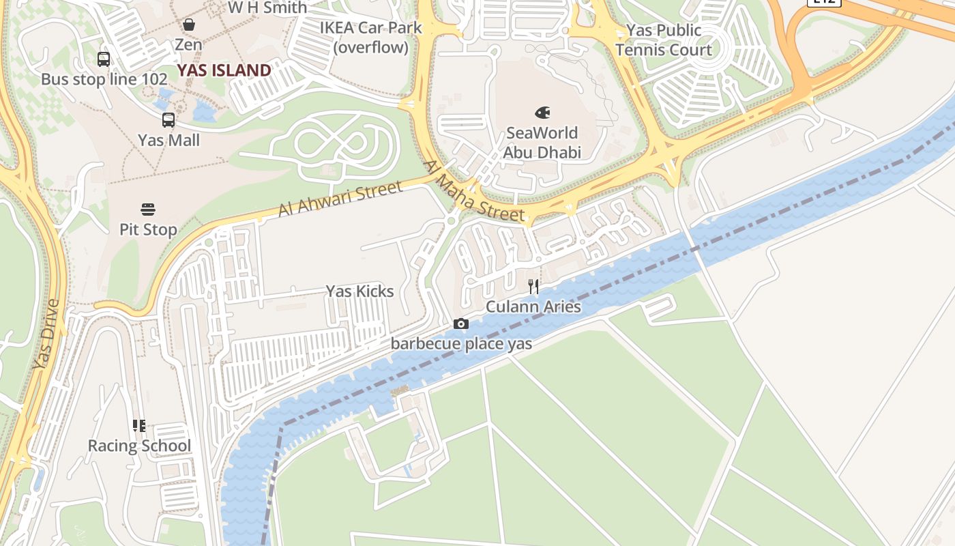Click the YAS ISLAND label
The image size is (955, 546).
(x=224, y=70)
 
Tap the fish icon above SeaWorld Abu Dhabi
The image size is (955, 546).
(x=543, y=113)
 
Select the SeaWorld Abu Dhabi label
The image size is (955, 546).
(x=542, y=143)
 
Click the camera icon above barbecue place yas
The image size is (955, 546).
(x=461, y=324)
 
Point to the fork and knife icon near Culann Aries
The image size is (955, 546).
(x=533, y=287)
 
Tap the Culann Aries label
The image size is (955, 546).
(x=533, y=306)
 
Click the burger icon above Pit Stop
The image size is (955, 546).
(x=148, y=209)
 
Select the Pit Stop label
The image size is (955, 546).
(x=148, y=229)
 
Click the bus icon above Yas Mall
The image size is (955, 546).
(x=168, y=120)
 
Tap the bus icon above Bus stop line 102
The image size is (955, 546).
(x=104, y=59)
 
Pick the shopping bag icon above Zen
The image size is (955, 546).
(x=188, y=25)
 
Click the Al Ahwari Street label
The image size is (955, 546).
(x=340, y=199)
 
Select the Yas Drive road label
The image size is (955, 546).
(x=47, y=334)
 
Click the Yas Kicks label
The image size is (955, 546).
(x=359, y=291)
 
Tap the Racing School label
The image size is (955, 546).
(x=139, y=446)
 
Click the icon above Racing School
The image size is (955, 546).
(x=139, y=426)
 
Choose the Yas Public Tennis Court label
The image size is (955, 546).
(x=663, y=40)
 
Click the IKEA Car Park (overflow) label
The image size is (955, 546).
(x=371, y=38)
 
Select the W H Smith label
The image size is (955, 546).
(x=267, y=8)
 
